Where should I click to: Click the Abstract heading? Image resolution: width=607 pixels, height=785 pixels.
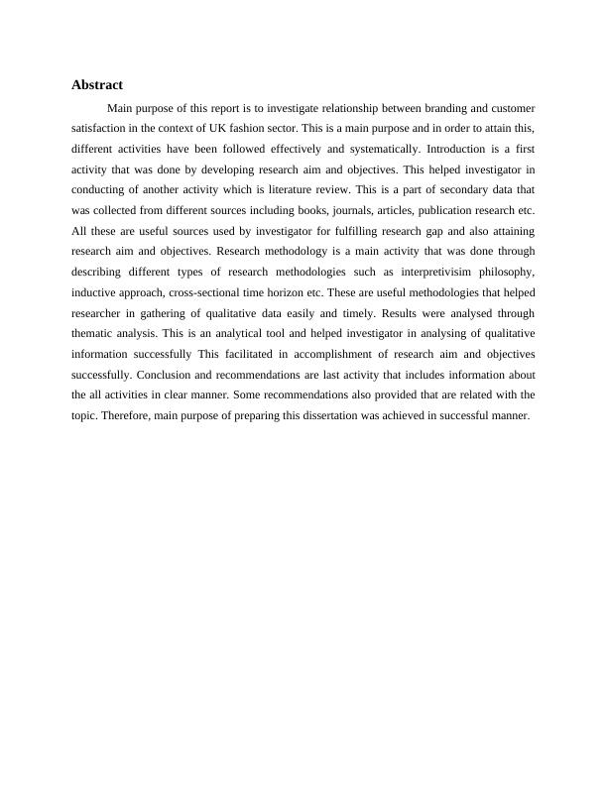96,85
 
